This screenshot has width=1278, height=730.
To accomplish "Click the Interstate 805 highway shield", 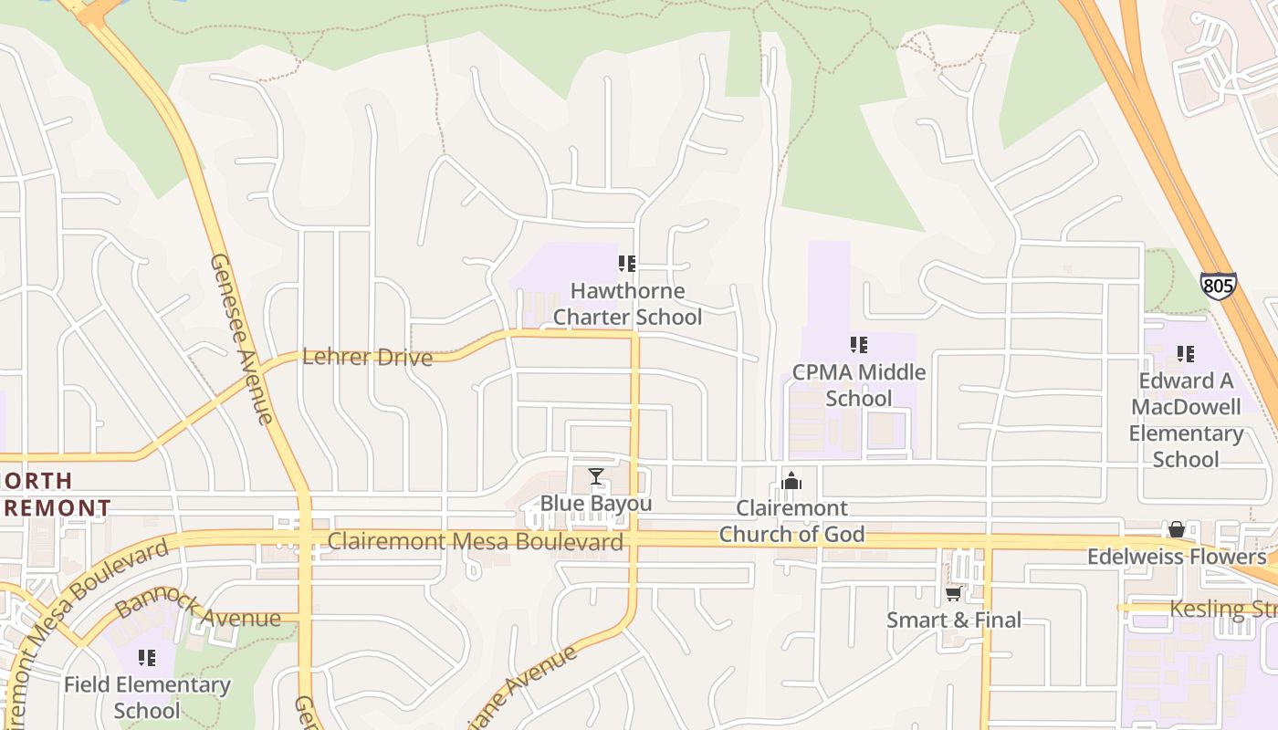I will tap(1218, 286).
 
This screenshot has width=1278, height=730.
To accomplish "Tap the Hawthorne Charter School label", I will tap(628, 304).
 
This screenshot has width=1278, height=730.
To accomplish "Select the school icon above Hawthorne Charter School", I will tap(627, 264).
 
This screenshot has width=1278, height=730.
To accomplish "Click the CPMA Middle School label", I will tap(858, 385).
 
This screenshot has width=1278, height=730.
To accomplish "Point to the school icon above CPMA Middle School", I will tap(858, 345).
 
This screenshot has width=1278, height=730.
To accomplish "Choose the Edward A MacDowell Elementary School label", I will tap(1186, 420).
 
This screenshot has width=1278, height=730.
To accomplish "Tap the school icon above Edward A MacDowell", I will tap(1186, 354).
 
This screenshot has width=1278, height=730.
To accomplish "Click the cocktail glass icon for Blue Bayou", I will tap(596, 476).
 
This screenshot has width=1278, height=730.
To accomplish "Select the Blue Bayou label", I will tap(596, 504).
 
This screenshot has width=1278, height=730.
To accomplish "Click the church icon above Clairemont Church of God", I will tap(791, 481).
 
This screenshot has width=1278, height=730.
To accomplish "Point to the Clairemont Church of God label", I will tap(791, 521).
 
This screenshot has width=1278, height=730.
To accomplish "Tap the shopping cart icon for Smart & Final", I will tap(954, 594).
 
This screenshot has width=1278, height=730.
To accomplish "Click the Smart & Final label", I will tap(954, 620).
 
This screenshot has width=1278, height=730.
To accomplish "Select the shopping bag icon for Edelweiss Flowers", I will tap(1177, 530).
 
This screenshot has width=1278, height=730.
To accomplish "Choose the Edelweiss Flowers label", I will tap(1177, 557).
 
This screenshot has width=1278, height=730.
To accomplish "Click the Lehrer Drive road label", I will tap(367, 357).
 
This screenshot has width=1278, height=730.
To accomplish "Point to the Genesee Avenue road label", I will tap(241, 339).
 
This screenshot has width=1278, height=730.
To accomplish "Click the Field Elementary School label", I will tap(147, 697).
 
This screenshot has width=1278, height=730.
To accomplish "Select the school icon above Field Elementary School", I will tap(147, 658).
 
